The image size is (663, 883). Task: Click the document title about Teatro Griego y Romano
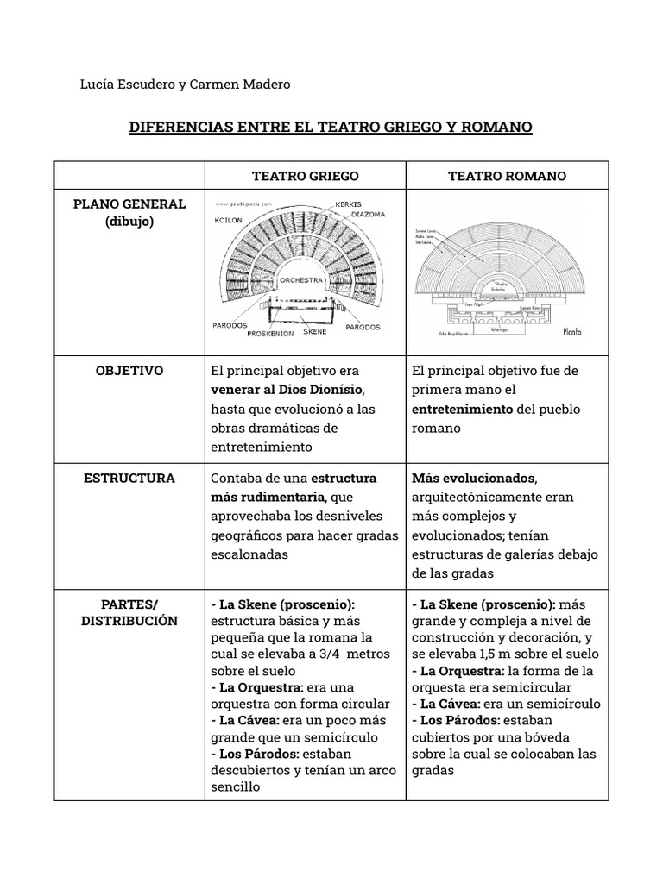(x=331, y=128)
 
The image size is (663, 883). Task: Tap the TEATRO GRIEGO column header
(x=305, y=176)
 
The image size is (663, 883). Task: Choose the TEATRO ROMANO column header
(x=507, y=176)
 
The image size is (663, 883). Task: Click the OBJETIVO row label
(x=129, y=371)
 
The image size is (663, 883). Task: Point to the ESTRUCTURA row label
(x=129, y=478)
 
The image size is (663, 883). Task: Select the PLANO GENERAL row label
(x=129, y=204)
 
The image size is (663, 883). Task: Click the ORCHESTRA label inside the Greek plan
(x=301, y=280)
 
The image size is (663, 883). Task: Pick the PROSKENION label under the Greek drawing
(x=271, y=333)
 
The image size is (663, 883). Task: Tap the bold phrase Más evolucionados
(x=474, y=479)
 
